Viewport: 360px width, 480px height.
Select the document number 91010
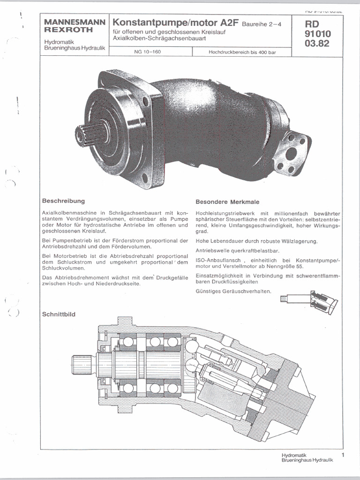tap(317, 34)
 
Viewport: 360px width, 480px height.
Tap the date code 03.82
tap(317, 44)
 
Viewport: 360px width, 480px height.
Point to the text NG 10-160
tap(147, 52)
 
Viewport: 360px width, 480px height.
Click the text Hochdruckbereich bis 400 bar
tap(242, 52)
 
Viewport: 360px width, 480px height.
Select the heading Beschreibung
tap(63, 201)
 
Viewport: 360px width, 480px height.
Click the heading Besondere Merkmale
tap(221, 202)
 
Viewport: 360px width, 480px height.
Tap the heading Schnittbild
tap(59, 314)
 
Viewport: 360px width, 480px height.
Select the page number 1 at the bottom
tap(343, 455)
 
